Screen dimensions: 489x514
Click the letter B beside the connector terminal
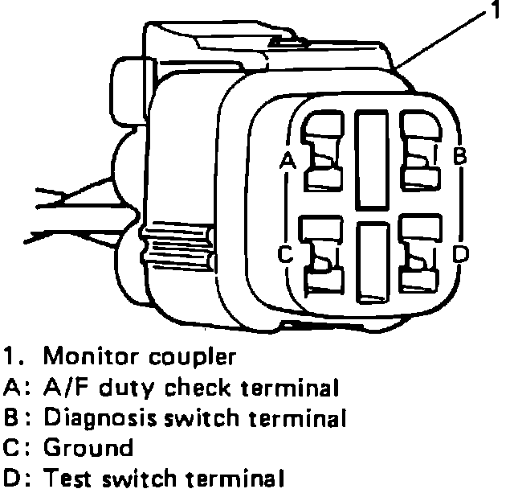coord(459,155)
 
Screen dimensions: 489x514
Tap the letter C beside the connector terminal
coord(284,254)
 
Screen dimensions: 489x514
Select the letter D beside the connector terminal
coord(460,254)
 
